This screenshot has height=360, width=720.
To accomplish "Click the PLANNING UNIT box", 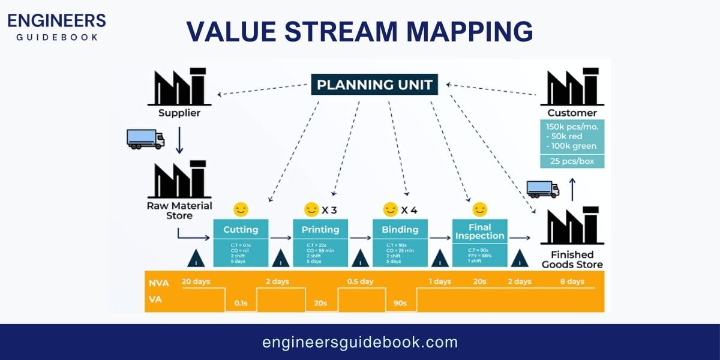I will (374, 85).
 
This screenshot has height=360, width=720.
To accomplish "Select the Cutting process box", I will (241, 239).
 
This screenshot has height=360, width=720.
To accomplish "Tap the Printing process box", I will (320, 239).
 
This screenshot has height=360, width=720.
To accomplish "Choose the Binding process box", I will (400, 239).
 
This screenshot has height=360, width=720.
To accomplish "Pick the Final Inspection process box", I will (479, 239).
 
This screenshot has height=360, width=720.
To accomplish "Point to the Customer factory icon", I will (572, 87).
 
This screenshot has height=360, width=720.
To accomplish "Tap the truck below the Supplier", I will (145, 139).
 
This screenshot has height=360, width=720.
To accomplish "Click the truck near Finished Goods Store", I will (542, 189).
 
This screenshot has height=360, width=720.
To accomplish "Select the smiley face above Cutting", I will (241, 209).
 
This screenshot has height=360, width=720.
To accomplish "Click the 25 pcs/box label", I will (572, 161).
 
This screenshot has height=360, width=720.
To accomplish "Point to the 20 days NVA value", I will (196, 281).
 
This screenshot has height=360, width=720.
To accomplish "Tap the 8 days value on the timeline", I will (571, 281).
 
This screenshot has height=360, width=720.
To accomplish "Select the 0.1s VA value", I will (241, 304).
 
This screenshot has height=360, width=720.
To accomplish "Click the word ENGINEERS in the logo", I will (56, 20).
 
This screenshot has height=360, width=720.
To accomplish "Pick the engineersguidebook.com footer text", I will (360, 343).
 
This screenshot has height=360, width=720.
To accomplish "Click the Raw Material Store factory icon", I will (179, 179).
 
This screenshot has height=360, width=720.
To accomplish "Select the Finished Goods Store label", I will (572, 260).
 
